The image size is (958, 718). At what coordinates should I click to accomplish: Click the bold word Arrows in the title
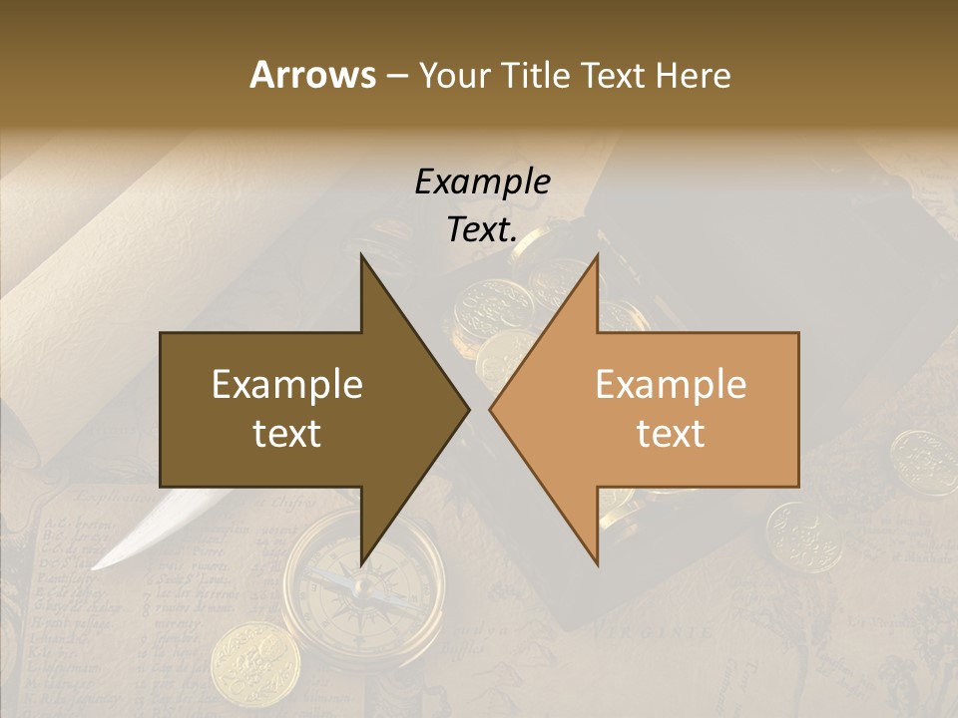(x=312, y=75)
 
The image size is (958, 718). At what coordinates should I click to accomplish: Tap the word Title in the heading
(x=535, y=75)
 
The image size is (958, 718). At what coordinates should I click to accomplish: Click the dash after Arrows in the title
(x=396, y=76)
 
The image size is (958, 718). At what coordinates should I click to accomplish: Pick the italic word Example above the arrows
(x=482, y=181)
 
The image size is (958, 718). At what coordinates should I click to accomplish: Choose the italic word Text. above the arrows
(x=482, y=229)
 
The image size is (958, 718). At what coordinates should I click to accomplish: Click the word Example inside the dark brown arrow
(x=287, y=385)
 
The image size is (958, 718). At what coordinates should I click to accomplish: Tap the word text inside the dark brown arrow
(x=287, y=433)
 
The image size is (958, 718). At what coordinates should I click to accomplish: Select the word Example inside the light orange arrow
(x=671, y=385)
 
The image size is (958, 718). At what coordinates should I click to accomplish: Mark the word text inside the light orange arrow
(x=671, y=433)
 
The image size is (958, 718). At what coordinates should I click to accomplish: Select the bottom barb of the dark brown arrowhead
(x=363, y=561)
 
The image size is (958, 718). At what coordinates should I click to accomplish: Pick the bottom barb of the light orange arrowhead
(x=596, y=561)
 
